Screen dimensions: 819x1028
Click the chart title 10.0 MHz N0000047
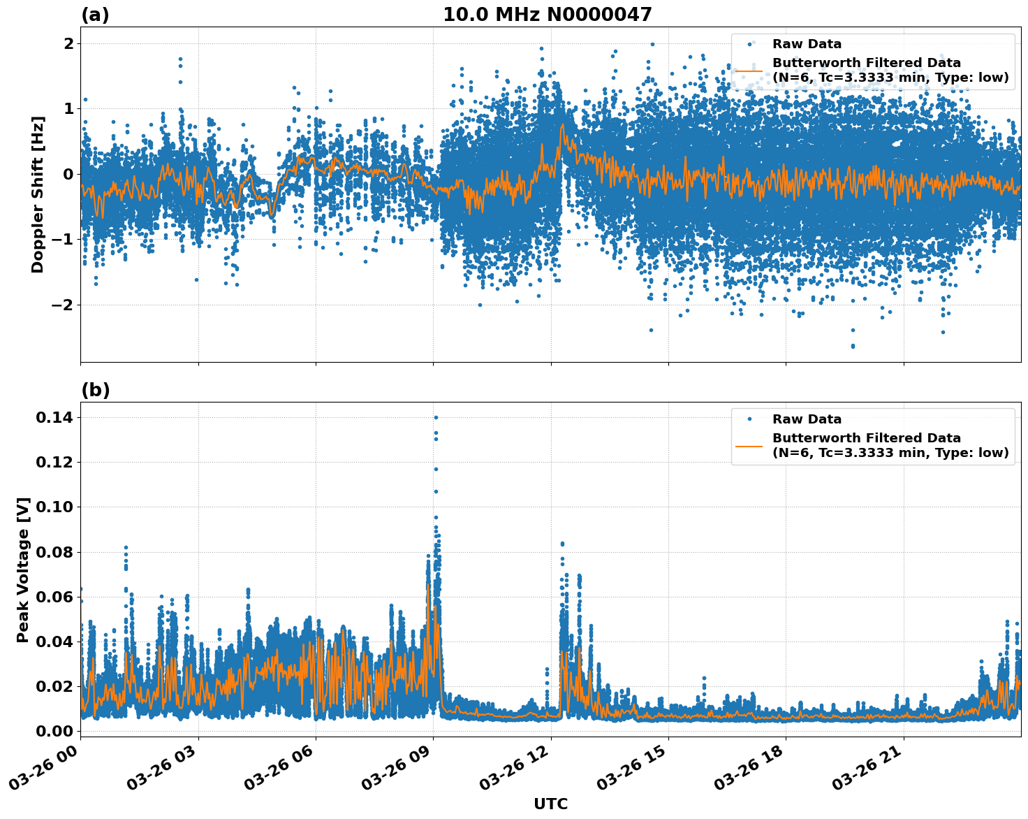(547, 15)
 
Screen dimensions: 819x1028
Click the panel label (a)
(95, 15)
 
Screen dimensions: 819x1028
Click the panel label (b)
(95, 390)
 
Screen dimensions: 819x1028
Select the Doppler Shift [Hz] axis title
(38, 194)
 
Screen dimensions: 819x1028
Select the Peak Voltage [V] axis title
(23, 570)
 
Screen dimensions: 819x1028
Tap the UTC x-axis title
(550, 804)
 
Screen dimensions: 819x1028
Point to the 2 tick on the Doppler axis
(68, 43)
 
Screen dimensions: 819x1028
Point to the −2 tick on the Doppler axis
(63, 305)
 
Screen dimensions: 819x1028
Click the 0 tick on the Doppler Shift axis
(68, 174)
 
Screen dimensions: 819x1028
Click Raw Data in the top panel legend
(807, 44)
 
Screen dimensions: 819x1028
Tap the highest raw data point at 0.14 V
(436, 418)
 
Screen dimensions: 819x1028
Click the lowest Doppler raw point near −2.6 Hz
(852, 346)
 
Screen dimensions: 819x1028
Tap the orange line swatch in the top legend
(749, 71)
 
